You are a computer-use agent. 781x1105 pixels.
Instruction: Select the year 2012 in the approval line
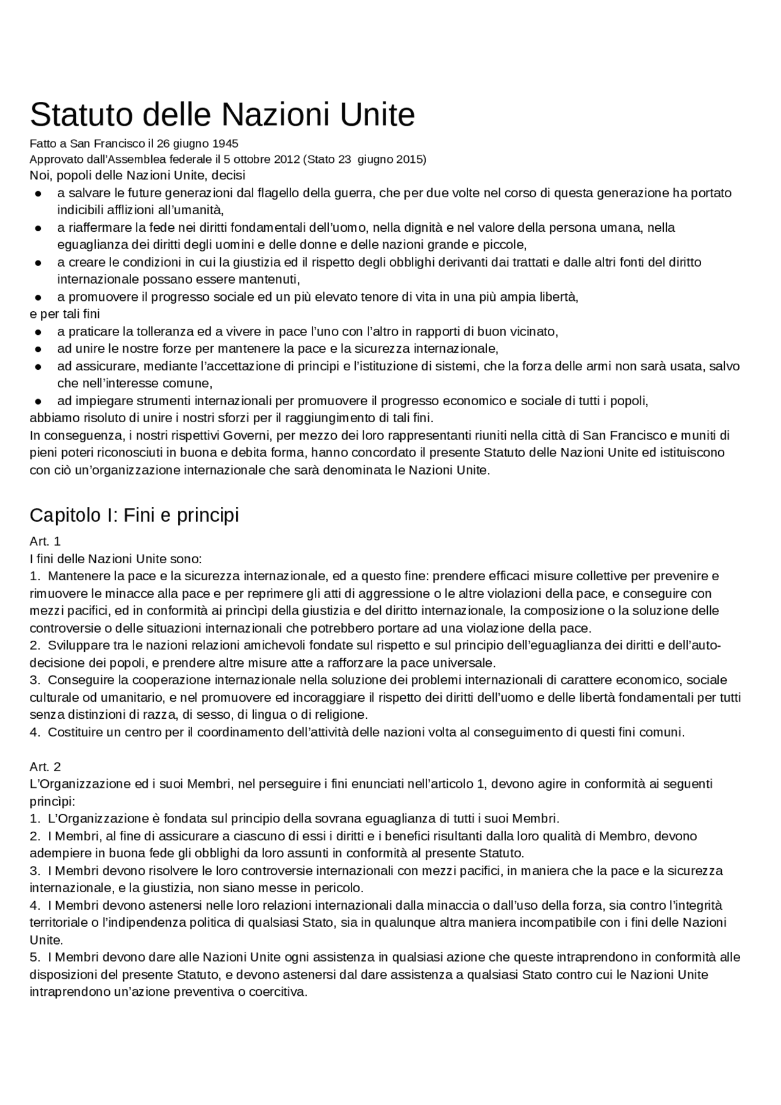tap(285, 160)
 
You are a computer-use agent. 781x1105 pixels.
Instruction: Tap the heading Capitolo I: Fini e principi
tap(134, 515)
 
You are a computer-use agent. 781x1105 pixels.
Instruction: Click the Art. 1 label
tap(45, 541)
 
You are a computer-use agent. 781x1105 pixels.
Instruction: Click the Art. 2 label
tap(45, 766)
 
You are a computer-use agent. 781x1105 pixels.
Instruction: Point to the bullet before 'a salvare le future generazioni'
tap(37, 193)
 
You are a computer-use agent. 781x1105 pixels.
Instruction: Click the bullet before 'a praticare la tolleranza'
tap(37, 332)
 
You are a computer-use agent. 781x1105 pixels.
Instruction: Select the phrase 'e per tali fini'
tap(65, 314)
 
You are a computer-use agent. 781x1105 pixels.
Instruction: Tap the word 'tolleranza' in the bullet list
tap(165, 332)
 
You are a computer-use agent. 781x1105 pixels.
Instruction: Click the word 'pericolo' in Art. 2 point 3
tap(340, 888)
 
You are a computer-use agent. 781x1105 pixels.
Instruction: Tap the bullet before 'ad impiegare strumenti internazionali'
tap(37, 401)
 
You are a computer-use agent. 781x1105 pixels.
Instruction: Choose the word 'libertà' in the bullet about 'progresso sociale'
tap(558, 297)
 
